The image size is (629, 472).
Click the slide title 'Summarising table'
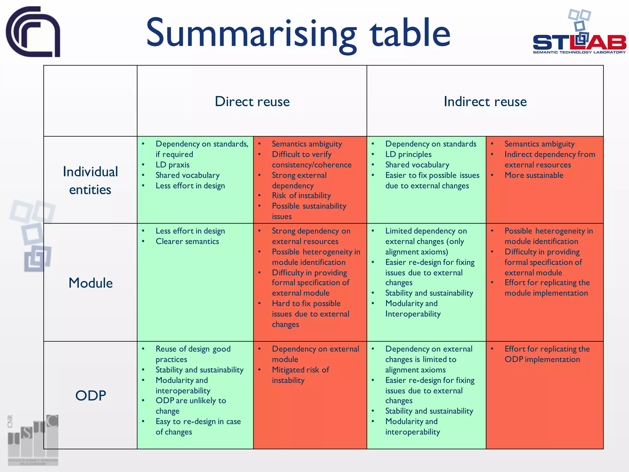coord(298,33)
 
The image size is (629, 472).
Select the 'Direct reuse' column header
coord(252,101)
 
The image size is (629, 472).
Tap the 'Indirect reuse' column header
coord(485,101)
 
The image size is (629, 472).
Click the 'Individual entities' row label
coord(90,180)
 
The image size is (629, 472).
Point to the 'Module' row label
coord(91,283)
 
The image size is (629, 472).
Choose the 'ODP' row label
coord(91,395)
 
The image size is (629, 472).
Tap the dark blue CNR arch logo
coord(33,32)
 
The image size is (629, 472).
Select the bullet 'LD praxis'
coord(173,165)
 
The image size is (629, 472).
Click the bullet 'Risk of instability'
coord(301,195)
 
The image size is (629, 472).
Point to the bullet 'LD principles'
coord(408,154)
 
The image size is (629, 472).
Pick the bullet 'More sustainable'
coord(534,175)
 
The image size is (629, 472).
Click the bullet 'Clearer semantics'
coord(187,241)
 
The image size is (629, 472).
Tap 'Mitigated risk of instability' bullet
coord(300,375)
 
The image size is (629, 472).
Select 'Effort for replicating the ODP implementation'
coord(547,354)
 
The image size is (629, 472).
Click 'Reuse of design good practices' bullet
coord(193,354)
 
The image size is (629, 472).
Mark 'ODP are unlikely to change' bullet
coord(190,406)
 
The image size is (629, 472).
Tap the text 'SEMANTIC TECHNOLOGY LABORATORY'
coord(579,52)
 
